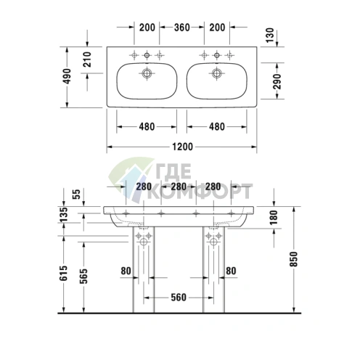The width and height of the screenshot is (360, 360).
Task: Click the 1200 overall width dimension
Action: tap(183, 147)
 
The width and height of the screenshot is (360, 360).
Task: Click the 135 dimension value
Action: tap(65, 214)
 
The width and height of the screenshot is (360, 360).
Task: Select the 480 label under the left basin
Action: tap(147, 126)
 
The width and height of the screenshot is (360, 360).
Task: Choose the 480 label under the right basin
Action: tap(216, 126)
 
